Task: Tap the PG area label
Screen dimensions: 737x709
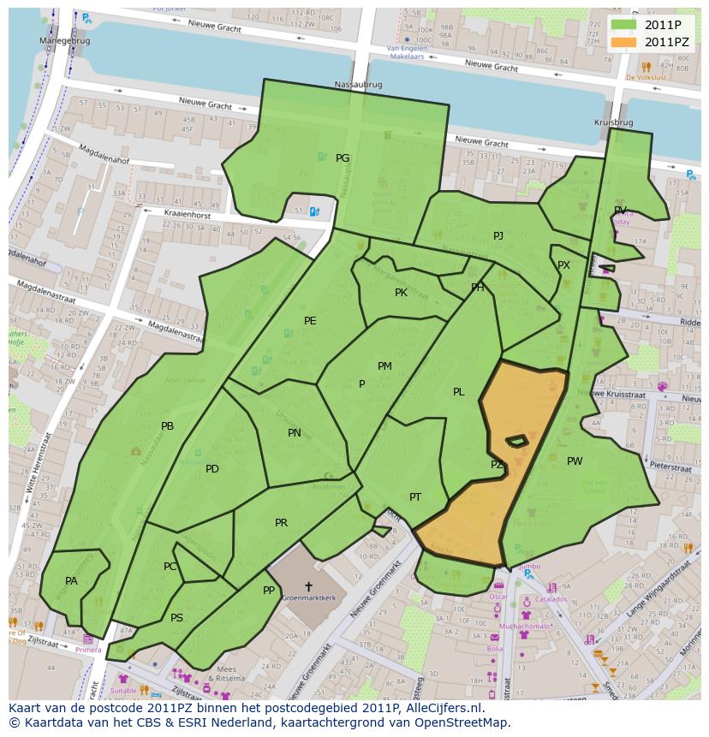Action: click(343, 158)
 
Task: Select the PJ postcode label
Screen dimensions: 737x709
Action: click(497, 236)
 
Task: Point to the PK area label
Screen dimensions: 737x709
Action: click(401, 293)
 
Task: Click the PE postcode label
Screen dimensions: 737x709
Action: click(310, 321)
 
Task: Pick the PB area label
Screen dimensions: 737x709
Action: click(167, 426)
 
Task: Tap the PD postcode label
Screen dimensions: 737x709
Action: click(212, 469)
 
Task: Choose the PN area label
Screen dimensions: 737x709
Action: click(295, 433)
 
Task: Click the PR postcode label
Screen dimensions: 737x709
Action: click(281, 523)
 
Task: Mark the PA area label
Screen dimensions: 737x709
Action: click(71, 581)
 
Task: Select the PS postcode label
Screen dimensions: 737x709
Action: click(176, 618)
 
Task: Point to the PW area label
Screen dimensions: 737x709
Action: click(575, 461)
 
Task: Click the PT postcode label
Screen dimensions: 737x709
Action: click(415, 497)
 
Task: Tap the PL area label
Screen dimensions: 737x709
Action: click(459, 392)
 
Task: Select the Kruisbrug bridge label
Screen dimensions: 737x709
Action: click(613, 123)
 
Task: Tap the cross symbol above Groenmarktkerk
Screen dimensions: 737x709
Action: click(308, 587)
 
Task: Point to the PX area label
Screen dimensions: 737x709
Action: click(563, 265)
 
